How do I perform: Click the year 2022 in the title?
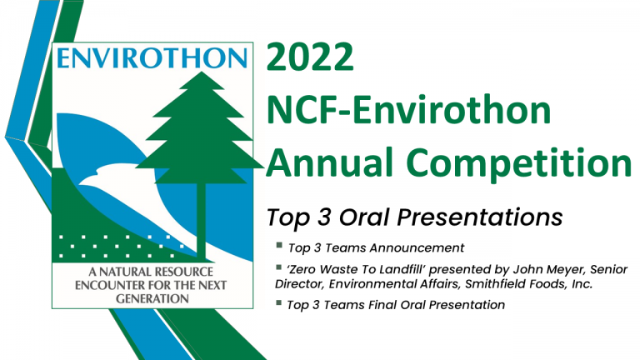coord(310,57)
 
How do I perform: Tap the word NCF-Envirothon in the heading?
coord(409,110)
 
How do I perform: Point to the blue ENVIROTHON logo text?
coord(152,58)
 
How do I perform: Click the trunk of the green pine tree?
coord(201,220)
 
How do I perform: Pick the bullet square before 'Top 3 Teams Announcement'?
coord(279,245)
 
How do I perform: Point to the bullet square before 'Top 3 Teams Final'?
coord(279,302)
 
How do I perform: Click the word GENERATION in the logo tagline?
coord(152,299)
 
